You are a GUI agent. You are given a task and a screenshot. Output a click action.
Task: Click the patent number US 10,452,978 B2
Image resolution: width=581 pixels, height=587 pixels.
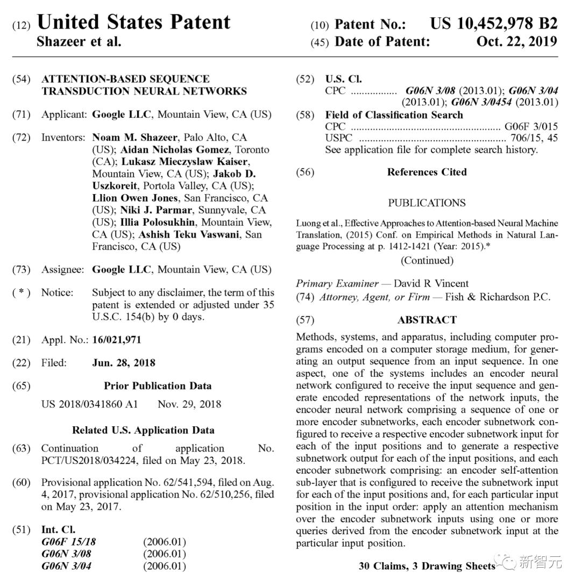tap(493, 24)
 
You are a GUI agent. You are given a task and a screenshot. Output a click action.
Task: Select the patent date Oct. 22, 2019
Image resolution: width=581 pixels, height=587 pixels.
tap(516, 41)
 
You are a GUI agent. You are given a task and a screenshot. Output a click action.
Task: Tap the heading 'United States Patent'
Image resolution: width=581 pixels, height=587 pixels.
tap(133, 22)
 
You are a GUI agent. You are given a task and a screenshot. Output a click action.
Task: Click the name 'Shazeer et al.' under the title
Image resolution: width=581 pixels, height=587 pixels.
tap(79, 41)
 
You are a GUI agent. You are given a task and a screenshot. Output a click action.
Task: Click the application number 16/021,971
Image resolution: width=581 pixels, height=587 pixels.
tap(117, 340)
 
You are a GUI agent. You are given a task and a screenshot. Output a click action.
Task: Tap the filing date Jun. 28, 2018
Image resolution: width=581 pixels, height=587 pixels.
tap(124, 363)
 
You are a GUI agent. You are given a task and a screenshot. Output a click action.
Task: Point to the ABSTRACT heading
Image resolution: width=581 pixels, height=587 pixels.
tap(427, 320)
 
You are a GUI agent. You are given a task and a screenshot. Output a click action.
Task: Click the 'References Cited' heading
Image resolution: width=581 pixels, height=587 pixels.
tap(427, 172)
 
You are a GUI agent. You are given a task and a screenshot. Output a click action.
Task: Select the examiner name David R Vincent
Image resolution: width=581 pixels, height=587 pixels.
tap(431, 283)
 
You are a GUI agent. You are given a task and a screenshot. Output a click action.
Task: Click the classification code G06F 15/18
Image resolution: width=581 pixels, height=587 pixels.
tap(68, 542)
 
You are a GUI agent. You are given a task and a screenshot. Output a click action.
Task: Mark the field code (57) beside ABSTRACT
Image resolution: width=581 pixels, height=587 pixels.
tap(305, 320)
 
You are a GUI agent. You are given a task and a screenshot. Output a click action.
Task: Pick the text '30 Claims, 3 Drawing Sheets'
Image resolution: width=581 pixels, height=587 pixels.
tap(427, 566)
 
